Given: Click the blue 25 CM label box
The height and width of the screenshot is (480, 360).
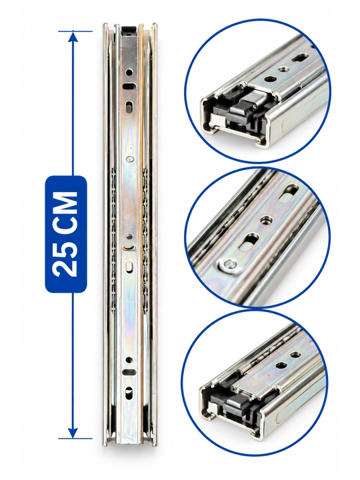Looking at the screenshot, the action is point(66,234).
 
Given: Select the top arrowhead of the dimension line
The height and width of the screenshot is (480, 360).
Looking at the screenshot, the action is point(73,37).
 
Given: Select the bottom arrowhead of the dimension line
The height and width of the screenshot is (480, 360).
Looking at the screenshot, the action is point(73,432).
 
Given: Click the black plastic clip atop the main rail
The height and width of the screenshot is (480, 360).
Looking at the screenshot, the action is point(129,30).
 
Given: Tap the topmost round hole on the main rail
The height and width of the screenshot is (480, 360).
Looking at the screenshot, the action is point(129,73).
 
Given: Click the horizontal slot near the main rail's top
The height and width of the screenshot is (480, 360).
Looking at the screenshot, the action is point(129,86).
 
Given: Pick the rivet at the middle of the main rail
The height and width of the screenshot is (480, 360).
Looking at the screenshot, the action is point(131,159).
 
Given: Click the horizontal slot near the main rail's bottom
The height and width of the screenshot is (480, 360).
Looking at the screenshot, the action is point(128,372).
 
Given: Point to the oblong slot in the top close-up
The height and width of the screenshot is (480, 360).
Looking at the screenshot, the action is point(299,57).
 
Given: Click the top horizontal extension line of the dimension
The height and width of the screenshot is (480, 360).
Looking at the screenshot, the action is point(75,31).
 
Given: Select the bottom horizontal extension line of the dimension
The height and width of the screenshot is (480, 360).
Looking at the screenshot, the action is point(75,439).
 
